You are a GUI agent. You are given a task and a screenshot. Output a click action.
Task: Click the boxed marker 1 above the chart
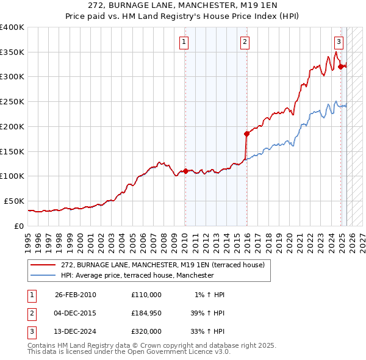[184, 42]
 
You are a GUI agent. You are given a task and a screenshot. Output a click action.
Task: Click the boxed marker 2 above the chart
[244, 42]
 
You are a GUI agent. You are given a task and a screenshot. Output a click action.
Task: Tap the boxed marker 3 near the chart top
[338, 42]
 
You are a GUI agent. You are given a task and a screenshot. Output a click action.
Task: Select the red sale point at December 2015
[247, 133]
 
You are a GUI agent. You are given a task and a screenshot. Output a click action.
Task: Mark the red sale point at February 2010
[185, 171]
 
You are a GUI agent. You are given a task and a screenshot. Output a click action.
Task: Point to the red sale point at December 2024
[341, 66]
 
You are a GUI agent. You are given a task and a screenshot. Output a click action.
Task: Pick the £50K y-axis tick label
[14, 201]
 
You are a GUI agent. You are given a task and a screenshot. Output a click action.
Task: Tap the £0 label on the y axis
[19, 226]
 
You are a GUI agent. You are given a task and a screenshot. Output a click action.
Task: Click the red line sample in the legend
[43, 265]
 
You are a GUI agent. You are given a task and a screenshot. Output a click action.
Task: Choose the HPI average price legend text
[137, 276]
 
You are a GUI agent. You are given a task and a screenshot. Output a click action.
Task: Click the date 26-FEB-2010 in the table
[76, 295]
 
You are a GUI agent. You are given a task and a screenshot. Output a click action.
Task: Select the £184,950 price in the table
[146, 313]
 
